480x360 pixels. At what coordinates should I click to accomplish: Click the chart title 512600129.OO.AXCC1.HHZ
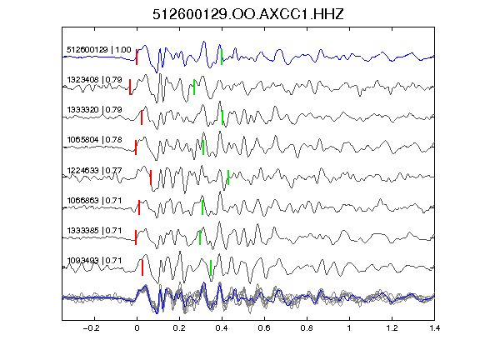pos(248,14)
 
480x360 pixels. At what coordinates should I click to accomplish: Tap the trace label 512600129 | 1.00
pos(98,50)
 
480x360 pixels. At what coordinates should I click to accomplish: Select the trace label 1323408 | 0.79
pos(94,80)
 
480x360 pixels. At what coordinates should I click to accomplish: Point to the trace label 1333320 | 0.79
pos(94,110)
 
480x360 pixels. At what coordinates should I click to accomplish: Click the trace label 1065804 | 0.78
pos(94,140)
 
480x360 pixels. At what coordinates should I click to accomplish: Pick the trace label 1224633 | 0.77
pos(94,170)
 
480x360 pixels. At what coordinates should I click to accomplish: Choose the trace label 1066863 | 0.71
pos(94,201)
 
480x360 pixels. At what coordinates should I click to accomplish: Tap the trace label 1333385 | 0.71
pos(94,230)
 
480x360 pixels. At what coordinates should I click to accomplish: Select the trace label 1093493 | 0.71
pos(94,261)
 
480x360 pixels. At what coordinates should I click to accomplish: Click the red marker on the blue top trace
pos(137,57)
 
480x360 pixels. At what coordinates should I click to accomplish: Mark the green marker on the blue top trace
pos(222,57)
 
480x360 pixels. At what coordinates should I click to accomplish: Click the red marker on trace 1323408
pos(130,87)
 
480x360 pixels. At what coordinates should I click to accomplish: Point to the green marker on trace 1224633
pos(228,177)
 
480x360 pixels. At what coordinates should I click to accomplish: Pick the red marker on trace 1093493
pos(142,267)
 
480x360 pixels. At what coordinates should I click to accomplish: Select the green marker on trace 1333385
pos(200,237)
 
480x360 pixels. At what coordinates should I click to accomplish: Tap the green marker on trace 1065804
pos(203,147)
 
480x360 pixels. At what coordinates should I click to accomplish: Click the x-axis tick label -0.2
pos(92,328)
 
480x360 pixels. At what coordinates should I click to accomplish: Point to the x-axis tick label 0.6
pos(264,328)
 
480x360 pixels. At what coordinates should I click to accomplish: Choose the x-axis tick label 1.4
pos(434,328)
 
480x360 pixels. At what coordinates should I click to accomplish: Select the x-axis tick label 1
pos(349,328)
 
